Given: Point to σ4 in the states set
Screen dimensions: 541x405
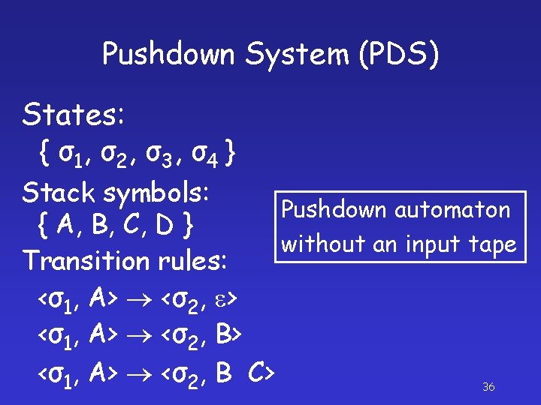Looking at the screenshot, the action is [x=204, y=155].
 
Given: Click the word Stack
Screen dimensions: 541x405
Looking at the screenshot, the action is [x=59, y=192].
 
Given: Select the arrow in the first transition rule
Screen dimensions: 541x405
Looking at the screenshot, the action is [x=139, y=300].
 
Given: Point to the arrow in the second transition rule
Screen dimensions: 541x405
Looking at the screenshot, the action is [x=139, y=336].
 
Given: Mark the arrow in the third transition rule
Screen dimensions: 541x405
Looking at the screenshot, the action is [x=139, y=371].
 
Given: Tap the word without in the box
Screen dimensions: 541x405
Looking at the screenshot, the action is [x=315, y=244].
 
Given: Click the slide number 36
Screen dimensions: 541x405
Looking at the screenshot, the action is [x=488, y=387].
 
